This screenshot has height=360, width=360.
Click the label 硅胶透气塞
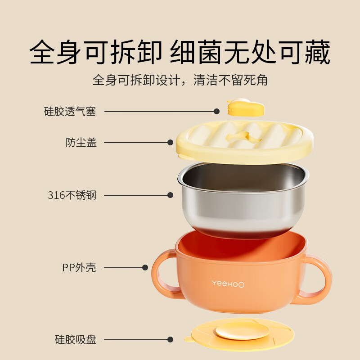[x=70, y=112]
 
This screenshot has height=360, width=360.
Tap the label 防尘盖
[x=81, y=143]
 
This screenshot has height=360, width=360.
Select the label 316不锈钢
[x=72, y=195]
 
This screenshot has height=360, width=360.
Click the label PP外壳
[x=79, y=267]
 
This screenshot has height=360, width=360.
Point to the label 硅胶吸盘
[x=76, y=340]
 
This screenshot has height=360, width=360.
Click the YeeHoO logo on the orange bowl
[x=228, y=283]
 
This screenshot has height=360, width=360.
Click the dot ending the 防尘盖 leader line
[x=170, y=143]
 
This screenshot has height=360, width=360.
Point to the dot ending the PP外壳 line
[x=145, y=267]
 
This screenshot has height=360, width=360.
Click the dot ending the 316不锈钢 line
[x=170, y=195]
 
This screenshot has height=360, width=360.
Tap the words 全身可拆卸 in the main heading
[x=95, y=53]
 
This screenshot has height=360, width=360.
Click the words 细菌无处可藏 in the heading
[x=250, y=53]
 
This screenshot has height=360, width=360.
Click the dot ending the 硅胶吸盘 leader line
[x=170, y=340]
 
